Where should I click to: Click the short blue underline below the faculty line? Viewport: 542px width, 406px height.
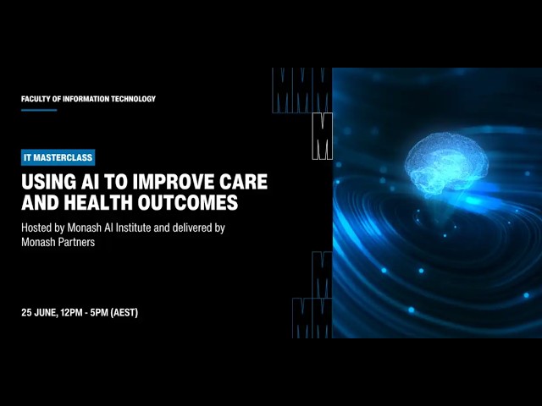click(x=39, y=110)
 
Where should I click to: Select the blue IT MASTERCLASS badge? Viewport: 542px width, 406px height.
click(x=58, y=158)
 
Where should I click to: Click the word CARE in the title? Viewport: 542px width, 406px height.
click(x=244, y=182)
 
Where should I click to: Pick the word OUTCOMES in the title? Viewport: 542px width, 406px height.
click(x=188, y=202)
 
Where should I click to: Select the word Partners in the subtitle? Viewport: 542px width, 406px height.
click(x=76, y=243)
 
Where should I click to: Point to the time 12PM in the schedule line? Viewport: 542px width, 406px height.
click(x=71, y=313)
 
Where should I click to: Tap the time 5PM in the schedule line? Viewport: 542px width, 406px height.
click(x=99, y=313)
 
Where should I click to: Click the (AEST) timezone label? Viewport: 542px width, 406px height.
click(x=124, y=313)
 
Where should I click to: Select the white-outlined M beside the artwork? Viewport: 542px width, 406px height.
click(x=322, y=136)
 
